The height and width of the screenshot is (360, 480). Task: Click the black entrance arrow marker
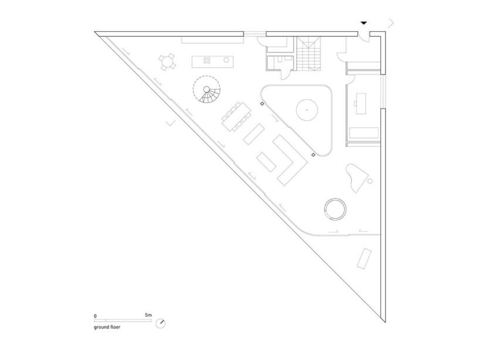pos(363,23)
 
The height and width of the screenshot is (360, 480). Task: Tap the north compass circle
pos(160,323)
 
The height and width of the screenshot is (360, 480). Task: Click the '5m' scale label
pos(148,315)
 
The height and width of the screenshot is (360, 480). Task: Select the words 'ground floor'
pos(107,327)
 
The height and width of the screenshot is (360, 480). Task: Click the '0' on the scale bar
pos(95,316)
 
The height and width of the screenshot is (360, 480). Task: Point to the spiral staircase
pos(207,89)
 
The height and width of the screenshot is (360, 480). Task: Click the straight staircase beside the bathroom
pos(308,53)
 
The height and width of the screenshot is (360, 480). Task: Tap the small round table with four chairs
pos(167,62)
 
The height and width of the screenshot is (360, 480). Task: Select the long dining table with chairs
pos(236,117)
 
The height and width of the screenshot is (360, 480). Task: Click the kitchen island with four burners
pos(212,62)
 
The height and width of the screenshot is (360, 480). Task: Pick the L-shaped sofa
pos(290,160)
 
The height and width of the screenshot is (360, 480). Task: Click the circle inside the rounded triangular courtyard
pos(307,110)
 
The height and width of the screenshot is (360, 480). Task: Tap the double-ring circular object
pos(335,209)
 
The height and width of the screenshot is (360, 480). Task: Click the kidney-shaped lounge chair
pos(356,177)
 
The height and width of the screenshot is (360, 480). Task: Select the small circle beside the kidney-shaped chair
pos(370,181)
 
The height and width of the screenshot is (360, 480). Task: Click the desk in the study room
pos(361,103)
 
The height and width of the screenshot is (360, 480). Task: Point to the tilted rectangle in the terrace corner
pos(364,259)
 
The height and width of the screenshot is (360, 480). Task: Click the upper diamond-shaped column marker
pos(262,104)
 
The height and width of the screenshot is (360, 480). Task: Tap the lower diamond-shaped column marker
pos(313,155)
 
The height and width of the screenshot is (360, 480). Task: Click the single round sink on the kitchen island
pos(227,60)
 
